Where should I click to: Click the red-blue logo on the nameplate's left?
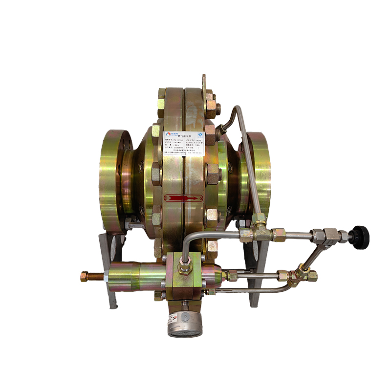pyautogui.click(x=169, y=134)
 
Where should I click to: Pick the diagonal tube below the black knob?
pyautogui.click(x=313, y=257)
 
